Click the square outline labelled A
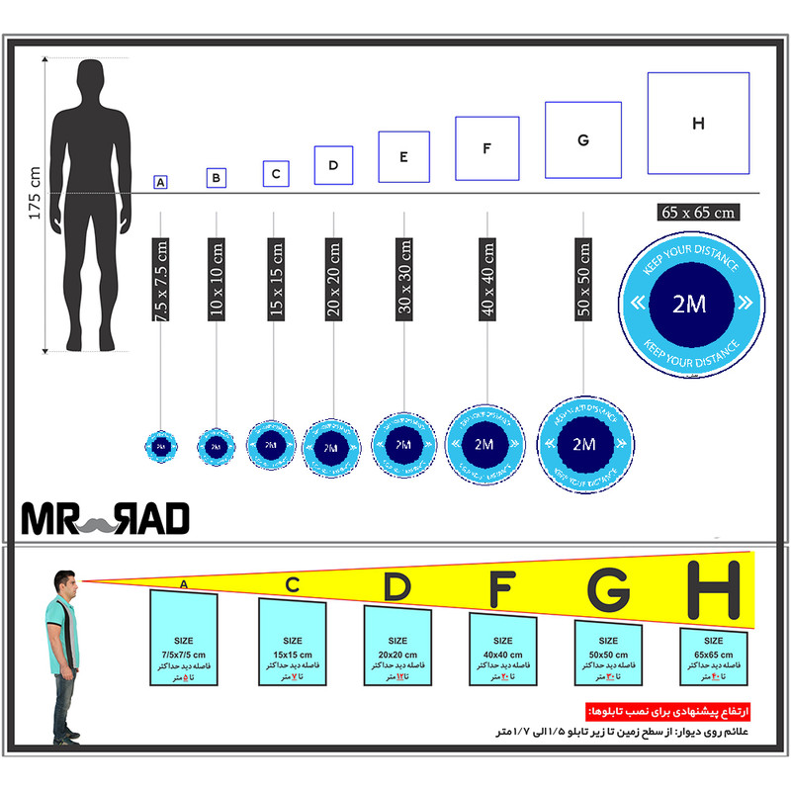(160, 182)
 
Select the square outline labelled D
(333, 165)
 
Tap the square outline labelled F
(486, 148)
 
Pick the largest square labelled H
(698, 123)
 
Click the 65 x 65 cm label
(699, 212)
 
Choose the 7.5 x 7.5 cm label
(161, 279)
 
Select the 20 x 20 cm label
(333, 279)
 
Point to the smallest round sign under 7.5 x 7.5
(161, 446)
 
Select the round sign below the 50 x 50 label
(585, 445)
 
